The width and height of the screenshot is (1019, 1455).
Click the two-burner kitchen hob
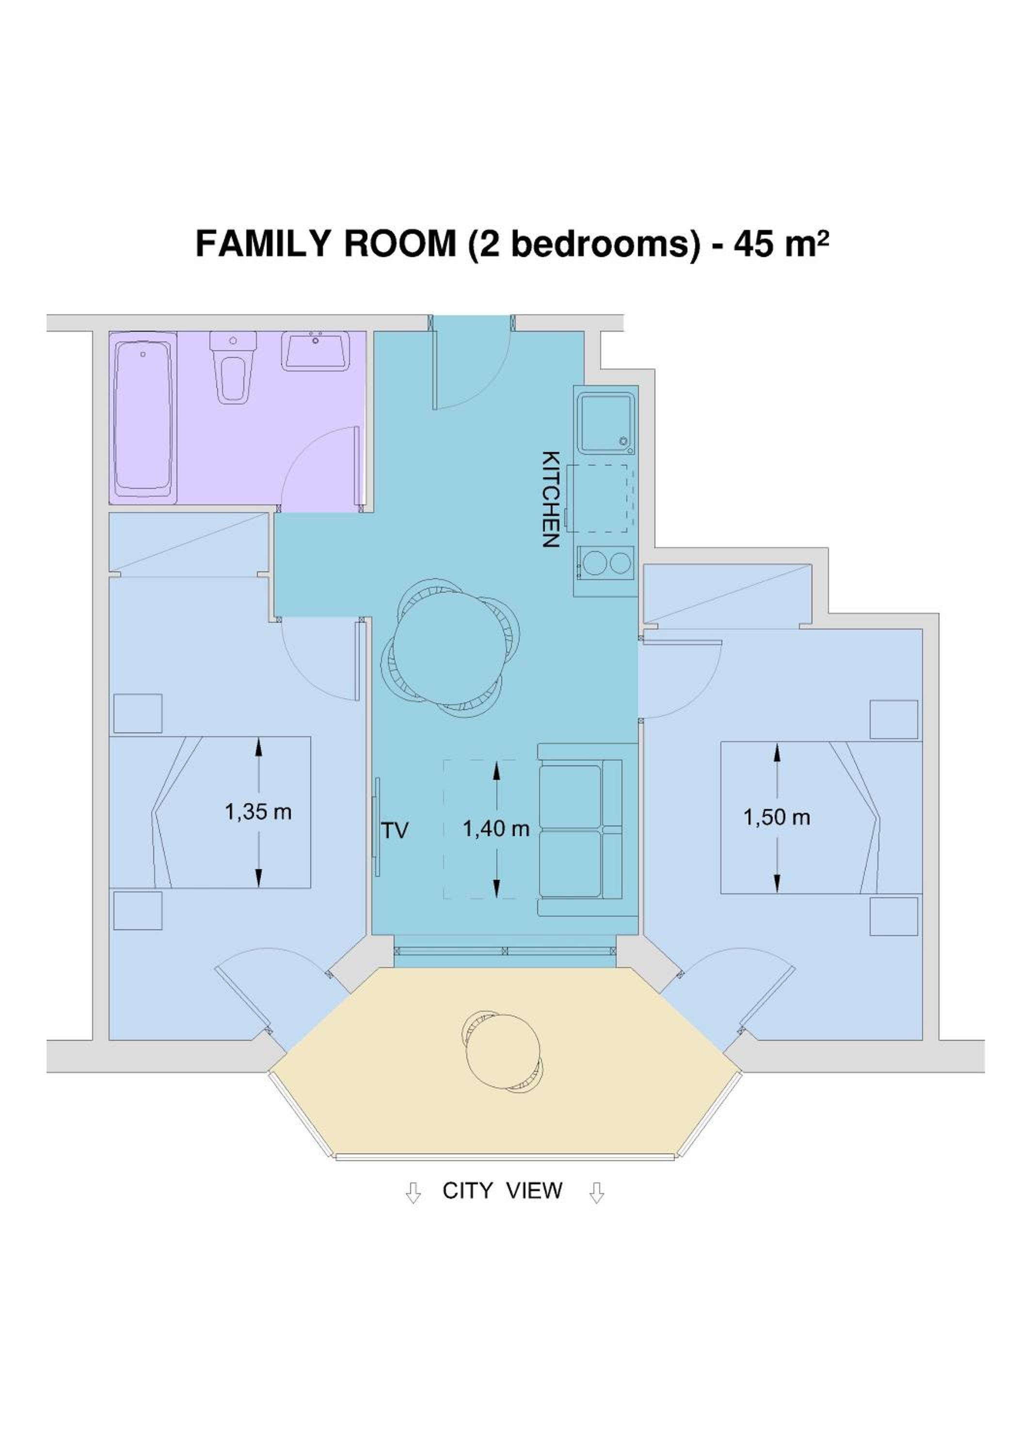click(x=605, y=563)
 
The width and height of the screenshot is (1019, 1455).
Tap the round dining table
click(x=450, y=647)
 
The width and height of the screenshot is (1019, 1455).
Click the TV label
click(x=395, y=830)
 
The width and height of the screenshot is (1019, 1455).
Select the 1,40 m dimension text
click(x=496, y=828)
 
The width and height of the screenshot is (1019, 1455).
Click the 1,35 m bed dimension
click(x=258, y=812)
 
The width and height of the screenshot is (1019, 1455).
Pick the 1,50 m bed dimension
click(x=777, y=818)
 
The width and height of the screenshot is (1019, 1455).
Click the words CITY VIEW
click(x=502, y=1191)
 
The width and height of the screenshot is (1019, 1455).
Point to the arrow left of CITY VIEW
click(x=413, y=1192)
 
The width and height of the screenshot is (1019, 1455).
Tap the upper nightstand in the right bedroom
click(x=893, y=719)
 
